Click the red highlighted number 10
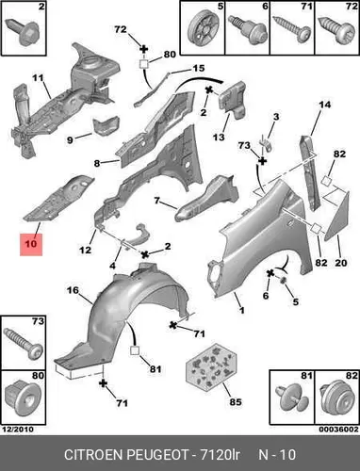31,244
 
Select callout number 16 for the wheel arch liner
73,290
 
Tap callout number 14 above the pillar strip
324,105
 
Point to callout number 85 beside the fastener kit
236,401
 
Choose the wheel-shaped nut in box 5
204,27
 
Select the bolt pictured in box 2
24,30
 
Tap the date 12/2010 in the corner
18,430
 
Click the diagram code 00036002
338,430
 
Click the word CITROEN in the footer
93,455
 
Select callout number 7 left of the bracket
157,200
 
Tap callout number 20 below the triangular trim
340,262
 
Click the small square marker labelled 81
135,350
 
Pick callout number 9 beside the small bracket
70,139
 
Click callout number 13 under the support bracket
219,137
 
